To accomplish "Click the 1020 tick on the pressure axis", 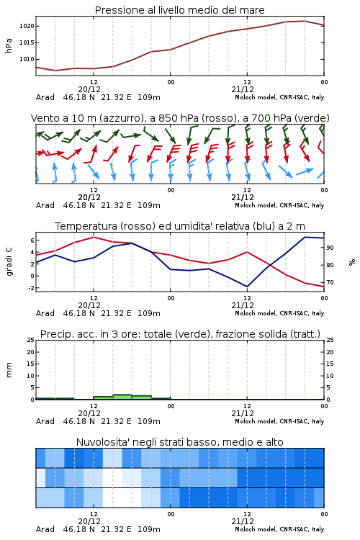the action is click(27, 26).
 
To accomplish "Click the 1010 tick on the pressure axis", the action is click(27, 59).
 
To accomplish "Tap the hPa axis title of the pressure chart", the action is click(9, 45).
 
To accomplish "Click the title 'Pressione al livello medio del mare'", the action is click(180, 10).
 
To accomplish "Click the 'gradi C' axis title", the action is click(9, 261).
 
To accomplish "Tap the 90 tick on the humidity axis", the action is click(330, 248).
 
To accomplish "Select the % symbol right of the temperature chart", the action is click(352, 262).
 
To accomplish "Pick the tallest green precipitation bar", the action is click(122, 397).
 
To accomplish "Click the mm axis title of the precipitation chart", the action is click(9, 370).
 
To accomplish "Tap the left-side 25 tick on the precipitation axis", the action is click(31, 340).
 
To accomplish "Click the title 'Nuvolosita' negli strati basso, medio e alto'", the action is click(180, 442).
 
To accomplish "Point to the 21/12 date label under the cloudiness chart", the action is click(243, 521).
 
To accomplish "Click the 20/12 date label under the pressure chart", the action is click(89, 89).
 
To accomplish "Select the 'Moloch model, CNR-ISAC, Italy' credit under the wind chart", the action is click(279, 205).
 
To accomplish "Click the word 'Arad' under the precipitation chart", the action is click(45, 421).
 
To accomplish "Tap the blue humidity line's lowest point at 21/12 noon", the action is click(247, 287).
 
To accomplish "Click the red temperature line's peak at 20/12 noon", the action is click(94, 237).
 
